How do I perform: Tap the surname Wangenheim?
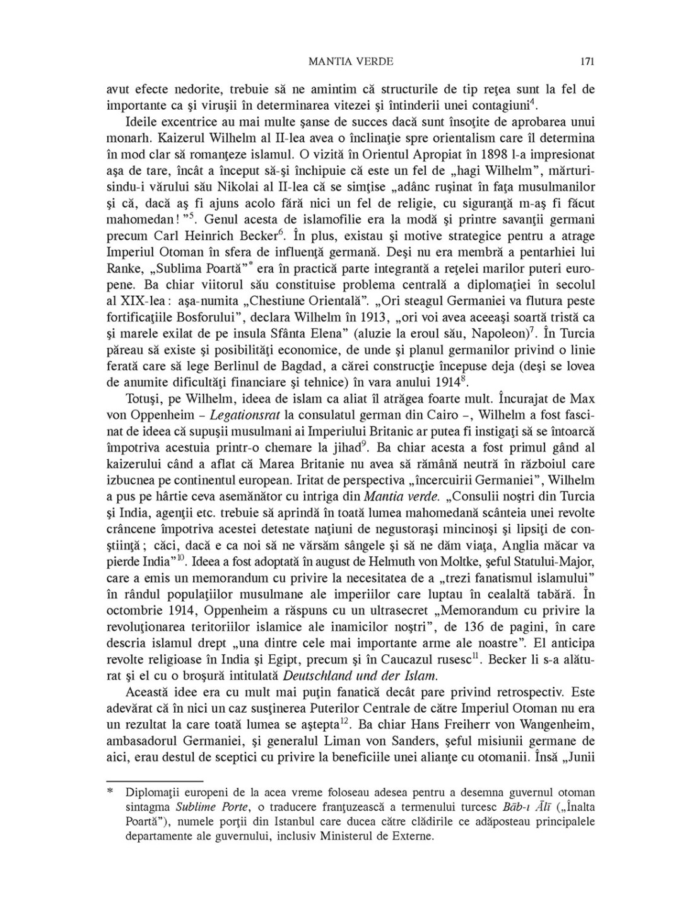pyautogui.click(x=552, y=725)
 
